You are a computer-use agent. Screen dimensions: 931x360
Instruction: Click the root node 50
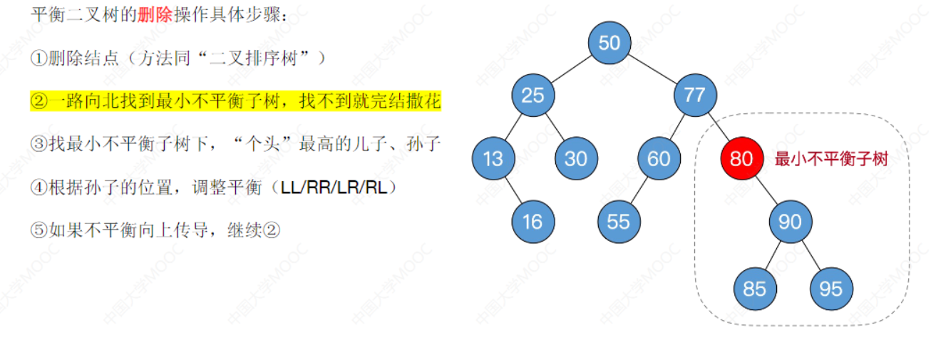tap(609, 43)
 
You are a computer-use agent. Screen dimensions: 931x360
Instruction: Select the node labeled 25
tap(533, 95)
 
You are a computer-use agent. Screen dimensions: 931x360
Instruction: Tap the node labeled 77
tap(694, 95)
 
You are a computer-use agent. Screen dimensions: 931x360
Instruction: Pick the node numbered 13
tap(493, 158)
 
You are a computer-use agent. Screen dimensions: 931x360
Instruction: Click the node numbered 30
tap(575, 158)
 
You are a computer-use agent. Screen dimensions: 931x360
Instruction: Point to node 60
tap(659, 158)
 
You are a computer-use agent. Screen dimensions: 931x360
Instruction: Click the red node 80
tap(741, 158)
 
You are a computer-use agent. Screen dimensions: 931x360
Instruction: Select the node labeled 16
tap(533, 222)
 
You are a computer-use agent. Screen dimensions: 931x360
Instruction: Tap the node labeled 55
tap(618, 222)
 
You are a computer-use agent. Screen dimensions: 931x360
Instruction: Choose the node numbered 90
tap(790, 222)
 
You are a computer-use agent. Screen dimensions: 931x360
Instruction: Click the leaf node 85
tap(754, 289)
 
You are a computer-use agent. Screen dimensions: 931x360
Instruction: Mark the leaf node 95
tap(830, 289)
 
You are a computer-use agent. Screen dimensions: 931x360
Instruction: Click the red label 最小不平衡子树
tap(831, 159)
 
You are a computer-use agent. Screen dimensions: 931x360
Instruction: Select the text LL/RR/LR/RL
tap(338, 188)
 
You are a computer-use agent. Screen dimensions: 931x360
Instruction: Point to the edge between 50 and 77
tap(651, 68)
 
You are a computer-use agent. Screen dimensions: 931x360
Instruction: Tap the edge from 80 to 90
tap(766, 190)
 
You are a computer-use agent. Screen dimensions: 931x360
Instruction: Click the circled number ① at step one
tap(38, 58)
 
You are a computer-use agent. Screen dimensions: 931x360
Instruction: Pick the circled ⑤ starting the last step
tap(38, 230)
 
